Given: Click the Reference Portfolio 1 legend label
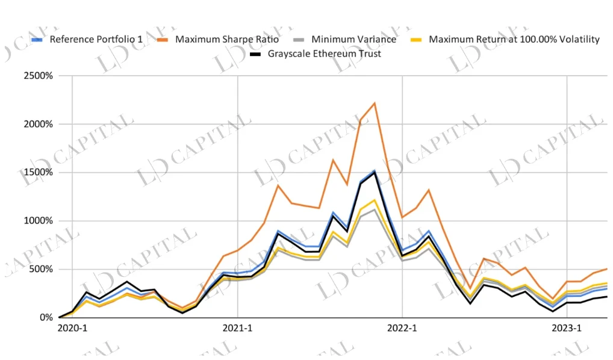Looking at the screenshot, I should click(96, 40).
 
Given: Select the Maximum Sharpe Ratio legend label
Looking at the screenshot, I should click(227, 40).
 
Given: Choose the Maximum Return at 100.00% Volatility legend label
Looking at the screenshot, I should click(514, 40).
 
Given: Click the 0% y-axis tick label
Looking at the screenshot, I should click(46, 317).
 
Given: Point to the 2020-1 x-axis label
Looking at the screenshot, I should click(72, 328).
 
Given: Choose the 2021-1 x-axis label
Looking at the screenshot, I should click(237, 328).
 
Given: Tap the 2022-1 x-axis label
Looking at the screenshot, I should click(402, 328).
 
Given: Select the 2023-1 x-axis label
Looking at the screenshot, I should click(567, 328).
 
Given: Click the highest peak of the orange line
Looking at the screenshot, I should click(375, 103).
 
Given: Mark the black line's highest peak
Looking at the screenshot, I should click(375, 172).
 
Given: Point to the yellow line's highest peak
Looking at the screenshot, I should click(375, 200).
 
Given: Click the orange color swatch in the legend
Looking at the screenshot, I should click(162, 40).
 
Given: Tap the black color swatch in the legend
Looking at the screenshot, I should click(255, 54).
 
